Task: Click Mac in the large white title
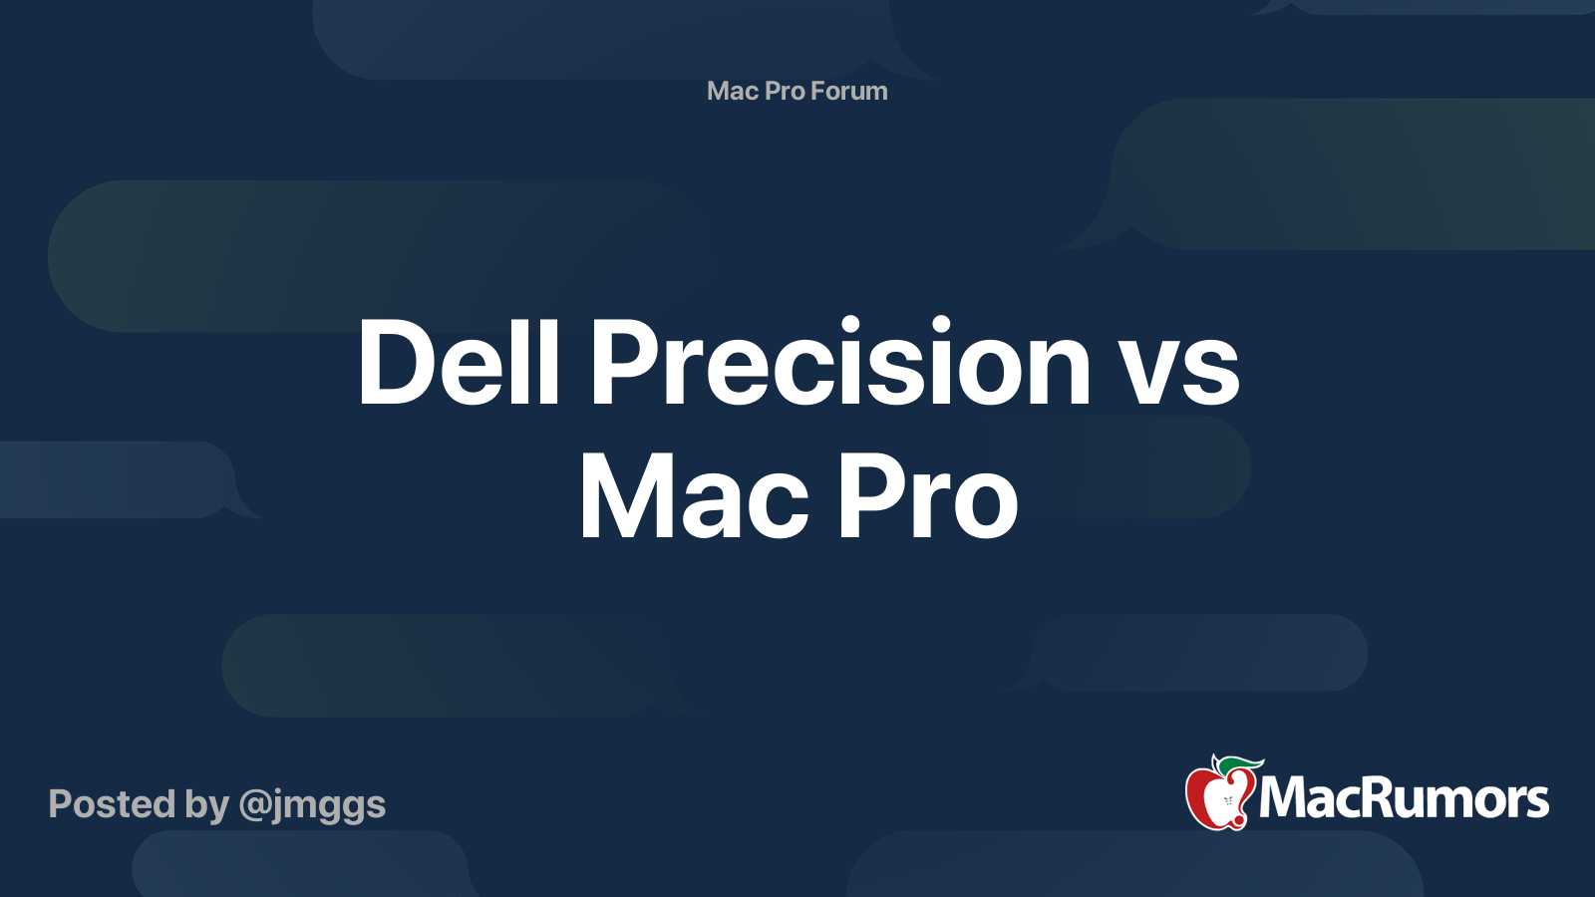(x=694, y=495)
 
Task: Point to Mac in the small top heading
(x=733, y=91)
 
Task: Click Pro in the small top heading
(x=785, y=91)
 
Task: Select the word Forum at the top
(x=848, y=91)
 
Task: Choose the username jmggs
(x=329, y=805)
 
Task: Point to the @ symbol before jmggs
(x=254, y=805)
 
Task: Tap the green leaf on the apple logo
(x=1239, y=764)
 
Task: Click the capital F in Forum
(x=816, y=91)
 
